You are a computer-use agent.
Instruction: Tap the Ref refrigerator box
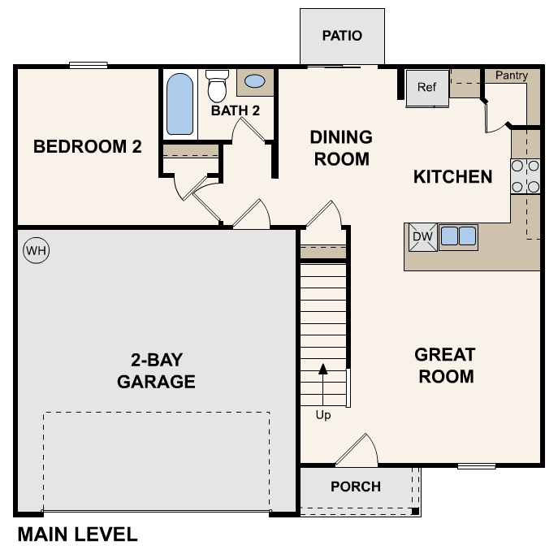427,87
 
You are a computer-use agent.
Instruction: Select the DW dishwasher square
422,236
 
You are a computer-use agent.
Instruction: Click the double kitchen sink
458,236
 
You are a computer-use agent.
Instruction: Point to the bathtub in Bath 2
180,104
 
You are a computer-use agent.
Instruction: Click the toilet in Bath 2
217,85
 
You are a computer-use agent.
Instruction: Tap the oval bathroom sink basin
255,81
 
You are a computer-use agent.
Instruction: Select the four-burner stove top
526,176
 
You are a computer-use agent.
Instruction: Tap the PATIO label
341,36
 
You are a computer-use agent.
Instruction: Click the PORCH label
356,487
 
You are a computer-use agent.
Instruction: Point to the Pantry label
511,76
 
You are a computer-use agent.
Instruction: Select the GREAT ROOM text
444,366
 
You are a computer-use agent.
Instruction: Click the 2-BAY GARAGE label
156,370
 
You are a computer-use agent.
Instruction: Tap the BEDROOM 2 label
87,147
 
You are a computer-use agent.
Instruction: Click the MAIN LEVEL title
77,534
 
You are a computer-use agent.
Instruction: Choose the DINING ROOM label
341,148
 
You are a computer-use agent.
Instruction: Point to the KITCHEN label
452,176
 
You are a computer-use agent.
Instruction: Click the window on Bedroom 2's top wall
89,66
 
